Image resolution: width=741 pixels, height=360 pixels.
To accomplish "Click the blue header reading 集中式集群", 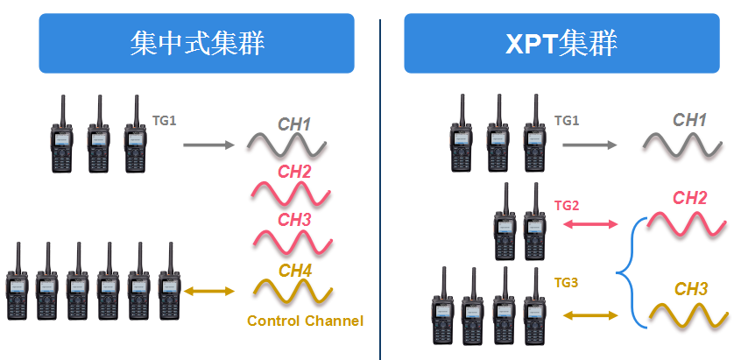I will tap(195, 43).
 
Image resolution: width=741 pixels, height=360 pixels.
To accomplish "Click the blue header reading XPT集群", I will tap(561, 43).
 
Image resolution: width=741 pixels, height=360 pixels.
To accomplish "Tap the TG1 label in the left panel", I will tap(165, 120).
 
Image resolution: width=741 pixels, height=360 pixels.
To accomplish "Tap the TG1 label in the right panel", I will tap(567, 120).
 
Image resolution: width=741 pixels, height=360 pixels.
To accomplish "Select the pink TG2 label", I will tap(567, 205).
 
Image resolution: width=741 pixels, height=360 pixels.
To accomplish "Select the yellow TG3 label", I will tap(567, 282).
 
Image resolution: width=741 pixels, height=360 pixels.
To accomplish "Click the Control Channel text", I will tap(305, 321).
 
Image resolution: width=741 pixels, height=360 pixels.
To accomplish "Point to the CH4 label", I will tap(294, 271).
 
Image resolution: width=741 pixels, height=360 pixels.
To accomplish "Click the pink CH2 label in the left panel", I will tap(294, 172).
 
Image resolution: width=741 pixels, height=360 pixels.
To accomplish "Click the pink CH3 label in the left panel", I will tap(294, 220).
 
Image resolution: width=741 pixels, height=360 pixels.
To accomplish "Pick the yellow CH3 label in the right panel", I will tap(692, 288).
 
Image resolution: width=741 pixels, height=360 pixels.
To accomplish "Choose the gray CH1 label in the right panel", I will tap(689, 120).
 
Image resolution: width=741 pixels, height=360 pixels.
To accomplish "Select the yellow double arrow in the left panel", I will tap(211, 292).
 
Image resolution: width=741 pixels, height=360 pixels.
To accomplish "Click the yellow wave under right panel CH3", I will tap(687, 314).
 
